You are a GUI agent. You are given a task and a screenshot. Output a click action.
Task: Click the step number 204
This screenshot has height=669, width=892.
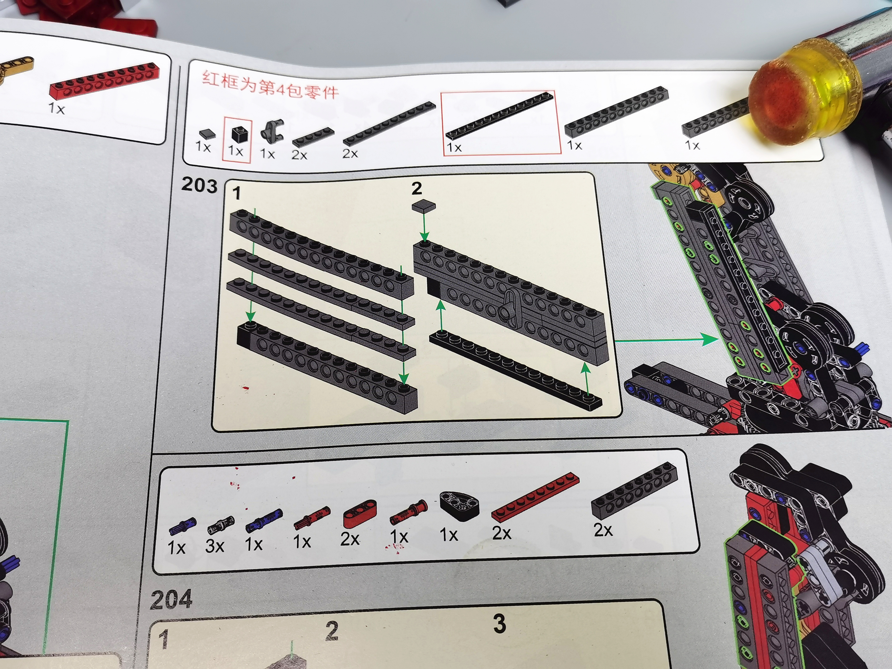coord(171,600)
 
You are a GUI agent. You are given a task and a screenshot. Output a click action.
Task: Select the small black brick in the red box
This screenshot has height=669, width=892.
coord(240,135)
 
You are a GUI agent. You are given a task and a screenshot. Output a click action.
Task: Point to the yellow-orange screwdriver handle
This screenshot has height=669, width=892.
coord(803,91)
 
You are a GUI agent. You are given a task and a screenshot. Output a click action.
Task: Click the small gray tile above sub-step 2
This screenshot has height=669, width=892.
coord(424,206)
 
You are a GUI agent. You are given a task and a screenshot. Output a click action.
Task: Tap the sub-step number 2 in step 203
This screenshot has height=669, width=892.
coord(417,188)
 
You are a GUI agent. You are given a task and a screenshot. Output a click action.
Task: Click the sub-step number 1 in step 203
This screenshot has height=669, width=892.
coord(237,193)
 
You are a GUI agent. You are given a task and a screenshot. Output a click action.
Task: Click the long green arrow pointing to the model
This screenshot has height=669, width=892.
coord(665,340)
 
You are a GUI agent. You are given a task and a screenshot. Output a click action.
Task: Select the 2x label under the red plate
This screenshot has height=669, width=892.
coord(502,533)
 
